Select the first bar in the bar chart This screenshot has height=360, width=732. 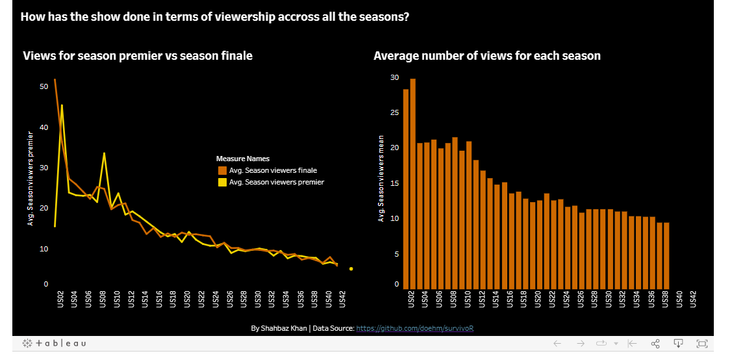click(405, 188)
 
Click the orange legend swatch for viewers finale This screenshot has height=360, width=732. click(221, 170)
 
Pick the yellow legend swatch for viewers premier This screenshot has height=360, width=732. click(221, 182)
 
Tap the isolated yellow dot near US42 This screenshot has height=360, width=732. click(351, 268)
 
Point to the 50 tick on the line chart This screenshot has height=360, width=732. click(44, 86)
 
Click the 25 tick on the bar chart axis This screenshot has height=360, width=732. click(395, 113)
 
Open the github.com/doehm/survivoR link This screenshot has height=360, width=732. click(415, 328)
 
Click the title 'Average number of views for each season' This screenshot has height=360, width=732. click(486, 56)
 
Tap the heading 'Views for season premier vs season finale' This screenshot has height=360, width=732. click(138, 56)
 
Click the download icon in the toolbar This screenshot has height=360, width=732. click(678, 343)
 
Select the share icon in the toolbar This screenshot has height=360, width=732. click(655, 343)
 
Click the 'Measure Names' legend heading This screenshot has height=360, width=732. click(242, 159)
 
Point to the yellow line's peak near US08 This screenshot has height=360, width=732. click(104, 153)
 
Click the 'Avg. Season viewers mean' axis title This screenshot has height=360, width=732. click(381, 179)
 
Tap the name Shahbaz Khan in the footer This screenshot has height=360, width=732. click(283, 328)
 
